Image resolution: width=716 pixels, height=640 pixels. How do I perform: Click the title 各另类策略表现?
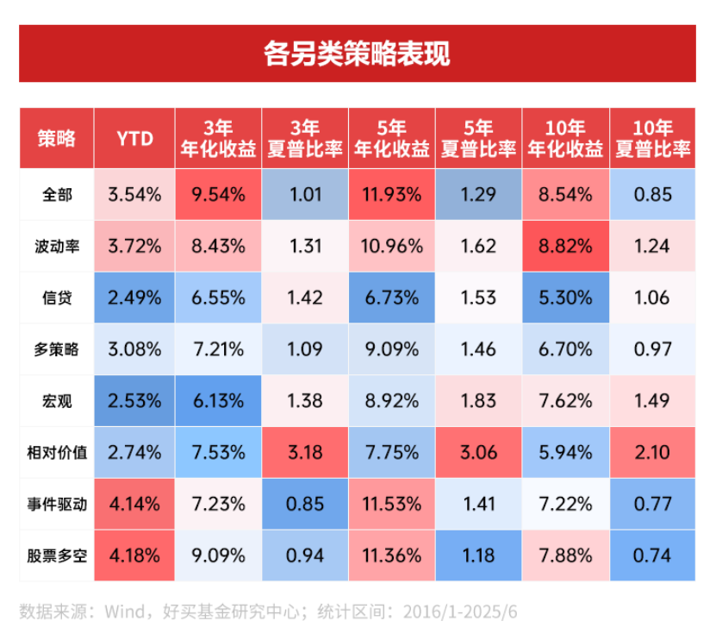pyautogui.click(x=357, y=53)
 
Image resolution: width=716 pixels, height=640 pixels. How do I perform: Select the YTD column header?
pyautogui.click(x=135, y=139)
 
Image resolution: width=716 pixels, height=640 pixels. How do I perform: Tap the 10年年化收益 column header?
pyautogui.click(x=565, y=139)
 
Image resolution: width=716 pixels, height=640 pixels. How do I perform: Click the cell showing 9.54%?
pyautogui.click(x=219, y=194)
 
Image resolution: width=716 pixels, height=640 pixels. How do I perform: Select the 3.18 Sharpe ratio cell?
pyautogui.click(x=306, y=451)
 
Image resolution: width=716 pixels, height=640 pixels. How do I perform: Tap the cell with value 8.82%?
pyautogui.click(x=565, y=246)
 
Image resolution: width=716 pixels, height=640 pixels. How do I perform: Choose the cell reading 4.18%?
pyautogui.click(x=135, y=555)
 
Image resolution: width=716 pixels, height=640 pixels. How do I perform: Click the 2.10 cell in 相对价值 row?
pyautogui.click(x=652, y=451)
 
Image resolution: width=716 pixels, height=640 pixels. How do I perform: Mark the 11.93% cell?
pyautogui.click(x=392, y=194)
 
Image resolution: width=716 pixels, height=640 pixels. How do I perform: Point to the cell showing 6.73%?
pyautogui.click(x=392, y=298)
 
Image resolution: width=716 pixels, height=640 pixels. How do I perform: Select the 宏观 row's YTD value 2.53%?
pyautogui.click(x=135, y=400)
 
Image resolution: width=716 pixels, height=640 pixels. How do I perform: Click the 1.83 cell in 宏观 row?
pyautogui.click(x=479, y=400)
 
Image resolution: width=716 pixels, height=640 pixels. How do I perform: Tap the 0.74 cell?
pyautogui.click(x=652, y=555)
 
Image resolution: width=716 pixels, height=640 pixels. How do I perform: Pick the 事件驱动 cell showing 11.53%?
pyautogui.click(x=392, y=503)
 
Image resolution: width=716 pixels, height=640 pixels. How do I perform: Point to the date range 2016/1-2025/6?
pyautogui.click(x=454, y=612)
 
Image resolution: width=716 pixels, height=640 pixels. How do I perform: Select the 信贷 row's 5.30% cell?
pyautogui.click(x=565, y=298)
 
